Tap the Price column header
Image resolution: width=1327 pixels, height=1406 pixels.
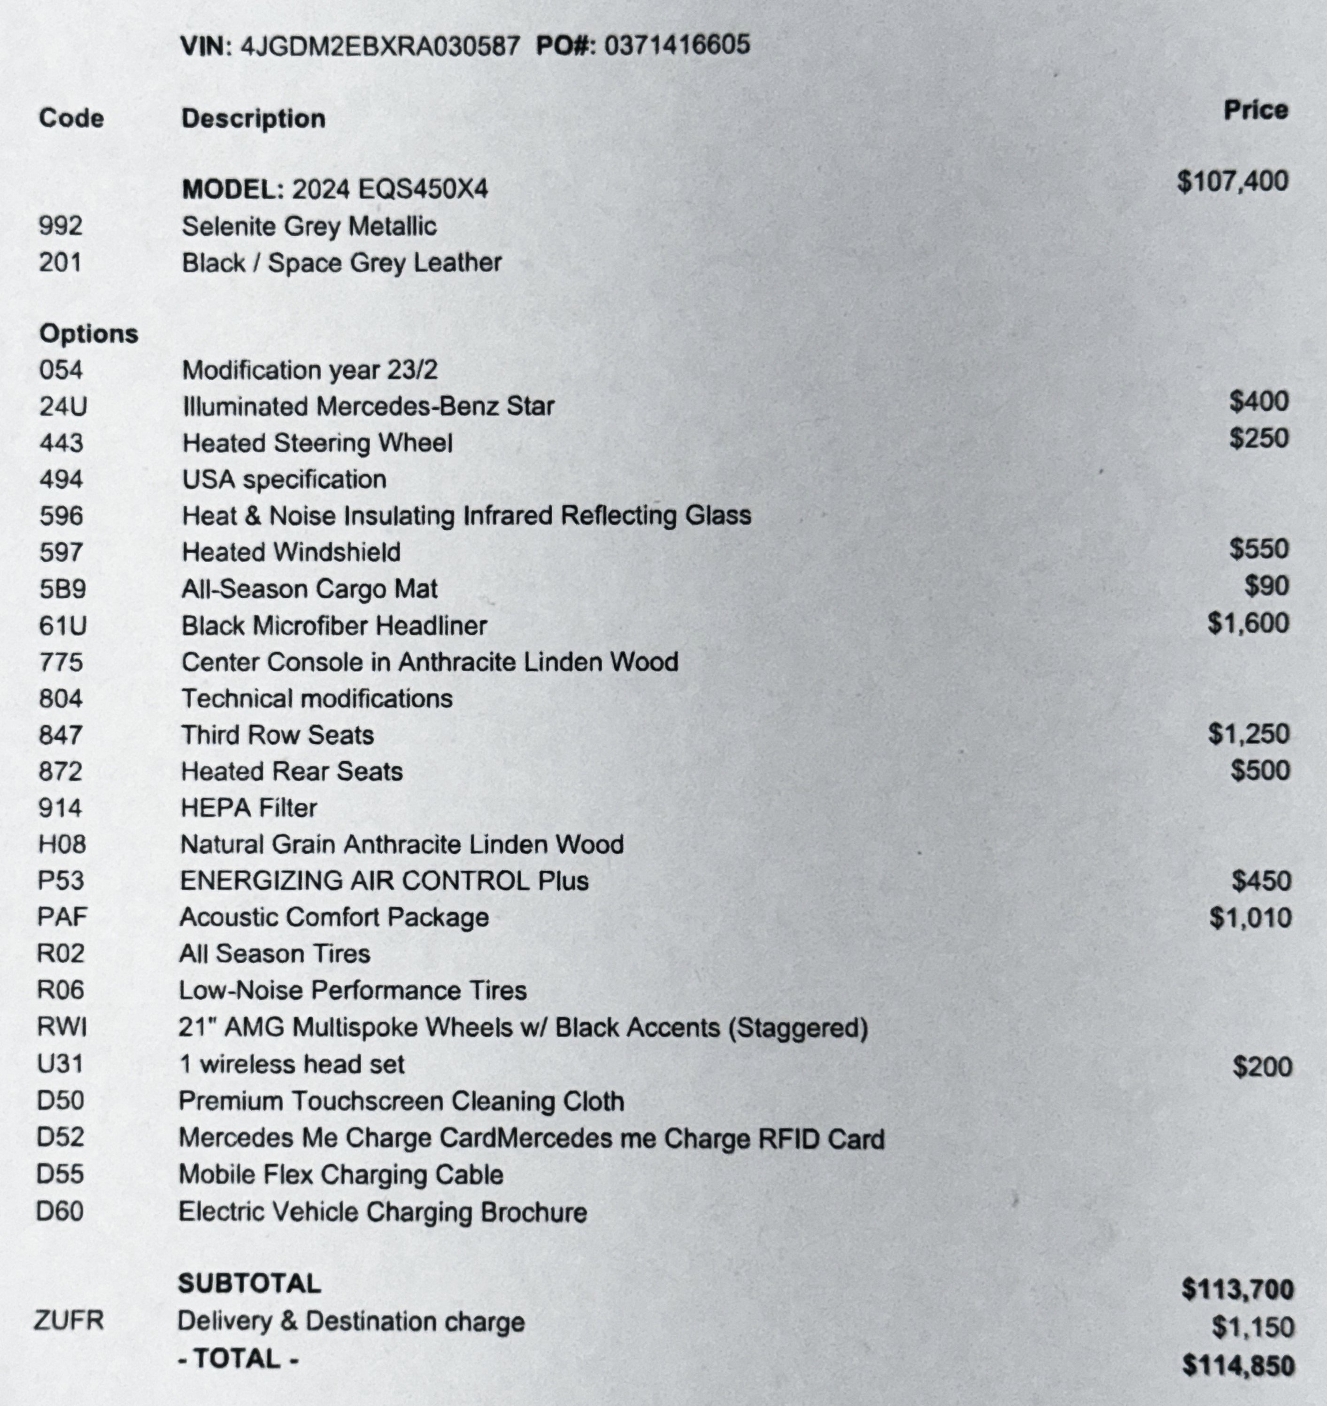coord(1256,110)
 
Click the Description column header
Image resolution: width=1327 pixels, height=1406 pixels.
coord(253,118)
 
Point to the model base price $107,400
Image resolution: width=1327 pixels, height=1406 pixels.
coord(1232,182)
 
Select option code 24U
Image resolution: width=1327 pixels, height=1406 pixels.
coord(63,407)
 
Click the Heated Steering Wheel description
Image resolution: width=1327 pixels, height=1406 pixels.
coord(317,443)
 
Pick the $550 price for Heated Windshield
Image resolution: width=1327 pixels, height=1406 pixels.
coord(1258,549)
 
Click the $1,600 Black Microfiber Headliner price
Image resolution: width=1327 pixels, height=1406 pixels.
coord(1248,623)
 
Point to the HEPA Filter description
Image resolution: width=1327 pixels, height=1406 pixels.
coord(248,808)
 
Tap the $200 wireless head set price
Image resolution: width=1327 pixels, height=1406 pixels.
coord(1262,1066)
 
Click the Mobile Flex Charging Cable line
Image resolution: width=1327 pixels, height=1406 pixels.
coord(340,1175)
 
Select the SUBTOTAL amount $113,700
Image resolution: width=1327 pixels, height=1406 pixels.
coord(1237,1290)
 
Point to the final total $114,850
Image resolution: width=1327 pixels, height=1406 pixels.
coord(1238,1365)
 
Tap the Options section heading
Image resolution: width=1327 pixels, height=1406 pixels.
coord(88,334)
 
